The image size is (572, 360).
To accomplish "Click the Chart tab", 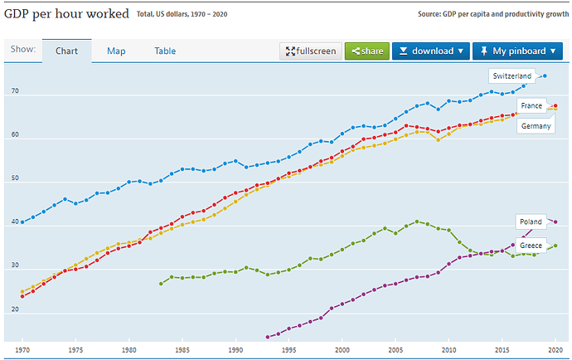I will click(x=66, y=51).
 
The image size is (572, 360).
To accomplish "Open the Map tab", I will click(x=116, y=51).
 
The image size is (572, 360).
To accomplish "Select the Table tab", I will click(x=165, y=51).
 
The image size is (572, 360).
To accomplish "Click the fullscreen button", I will click(x=311, y=51).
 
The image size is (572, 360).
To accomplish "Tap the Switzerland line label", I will click(x=511, y=76).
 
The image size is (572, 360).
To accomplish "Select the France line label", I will click(x=531, y=106).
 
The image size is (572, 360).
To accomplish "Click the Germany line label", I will click(x=536, y=126).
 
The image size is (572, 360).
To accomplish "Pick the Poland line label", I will click(x=531, y=222).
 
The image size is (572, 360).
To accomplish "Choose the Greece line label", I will click(x=531, y=246).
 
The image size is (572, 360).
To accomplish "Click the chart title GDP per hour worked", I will click(x=67, y=14).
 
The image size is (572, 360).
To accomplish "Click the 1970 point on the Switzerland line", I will click(x=22, y=222).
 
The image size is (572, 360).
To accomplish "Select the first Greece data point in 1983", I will click(x=161, y=284).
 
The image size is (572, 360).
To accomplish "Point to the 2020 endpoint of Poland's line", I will click(x=555, y=222).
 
